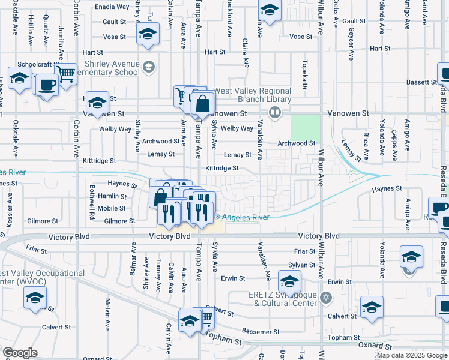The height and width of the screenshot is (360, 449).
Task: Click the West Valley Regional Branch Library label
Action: tap(253, 95)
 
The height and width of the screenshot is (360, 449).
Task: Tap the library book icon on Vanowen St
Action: tap(275, 112)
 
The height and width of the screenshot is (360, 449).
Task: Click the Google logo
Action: tap(20, 353)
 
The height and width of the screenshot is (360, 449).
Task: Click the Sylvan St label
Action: tap(301, 265)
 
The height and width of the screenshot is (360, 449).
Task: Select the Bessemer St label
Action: tap(261, 331)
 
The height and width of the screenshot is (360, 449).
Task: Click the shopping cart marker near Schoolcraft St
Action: tap(65, 74)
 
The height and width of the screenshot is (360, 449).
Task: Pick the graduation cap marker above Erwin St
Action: tap(290, 281)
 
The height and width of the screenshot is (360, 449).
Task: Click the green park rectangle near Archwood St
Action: tap(305, 127)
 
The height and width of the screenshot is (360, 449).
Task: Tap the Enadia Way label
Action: tap(112, 7)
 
